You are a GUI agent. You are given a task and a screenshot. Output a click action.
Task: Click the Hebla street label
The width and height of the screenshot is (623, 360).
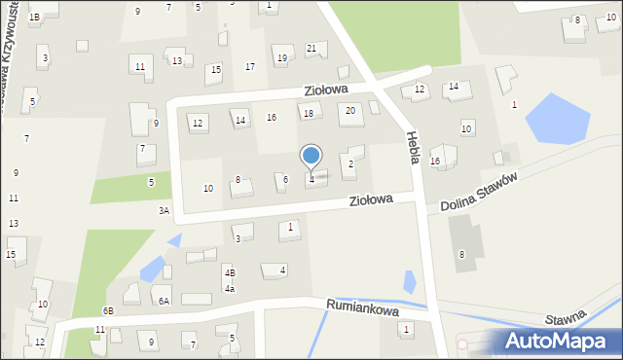click(x=414, y=147)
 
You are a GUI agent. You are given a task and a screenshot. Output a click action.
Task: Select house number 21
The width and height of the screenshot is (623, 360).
click(x=311, y=48)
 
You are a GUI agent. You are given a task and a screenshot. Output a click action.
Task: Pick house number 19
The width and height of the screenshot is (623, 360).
click(x=282, y=58)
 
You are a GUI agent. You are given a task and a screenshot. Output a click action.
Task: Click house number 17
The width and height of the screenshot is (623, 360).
click(x=250, y=66)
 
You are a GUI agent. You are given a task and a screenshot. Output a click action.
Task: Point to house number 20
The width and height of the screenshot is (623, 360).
click(x=350, y=110)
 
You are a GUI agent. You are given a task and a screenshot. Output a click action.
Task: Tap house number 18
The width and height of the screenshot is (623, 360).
click(x=309, y=113)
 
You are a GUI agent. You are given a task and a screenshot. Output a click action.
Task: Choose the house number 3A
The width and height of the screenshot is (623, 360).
click(x=165, y=209)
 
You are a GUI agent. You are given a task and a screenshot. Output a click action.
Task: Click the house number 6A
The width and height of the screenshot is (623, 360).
click(x=165, y=302)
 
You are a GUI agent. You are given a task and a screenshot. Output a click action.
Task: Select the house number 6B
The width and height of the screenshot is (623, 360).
click(x=108, y=310)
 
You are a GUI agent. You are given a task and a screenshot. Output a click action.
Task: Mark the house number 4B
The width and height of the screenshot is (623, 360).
click(x=230, y=272)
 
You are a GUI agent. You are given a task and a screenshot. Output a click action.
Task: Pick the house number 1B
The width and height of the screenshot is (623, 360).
click(x=34, y=17)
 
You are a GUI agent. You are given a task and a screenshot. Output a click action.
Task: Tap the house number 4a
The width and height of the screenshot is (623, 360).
click(x=230, y=288)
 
